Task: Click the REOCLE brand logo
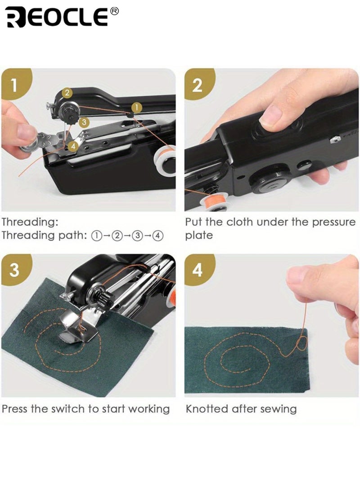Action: [x=57, y=17]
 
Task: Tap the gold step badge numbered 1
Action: [x=15, y=85]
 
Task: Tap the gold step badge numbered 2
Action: [x=198, y=85]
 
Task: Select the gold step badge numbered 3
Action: [x=15, y=271]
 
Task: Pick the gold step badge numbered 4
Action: [x=198, y=271]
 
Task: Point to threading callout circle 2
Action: [x=67, y=93]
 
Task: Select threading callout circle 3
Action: [x=83, y=122]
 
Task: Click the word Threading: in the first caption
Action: [x=30, y=222]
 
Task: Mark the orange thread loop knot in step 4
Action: [x=300, y=346]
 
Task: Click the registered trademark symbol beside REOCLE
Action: [x=114, y=11]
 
